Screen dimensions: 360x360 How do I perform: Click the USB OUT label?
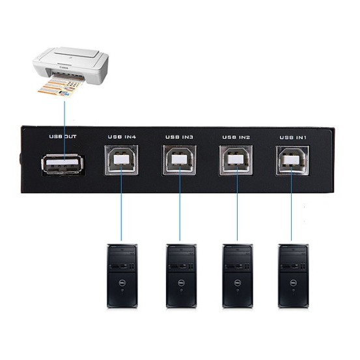click(x=62, y=136)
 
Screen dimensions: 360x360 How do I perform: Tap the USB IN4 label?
click(x=122, y=137)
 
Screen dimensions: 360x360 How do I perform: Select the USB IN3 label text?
click(x=179, y=137)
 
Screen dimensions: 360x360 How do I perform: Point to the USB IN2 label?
click(x=236, y=137)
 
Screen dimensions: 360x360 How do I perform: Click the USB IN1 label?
click(x=293, y=137)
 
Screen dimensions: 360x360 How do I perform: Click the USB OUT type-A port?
click(x=62, y=165)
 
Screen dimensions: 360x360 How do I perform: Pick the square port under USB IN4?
click(x=122, y=160)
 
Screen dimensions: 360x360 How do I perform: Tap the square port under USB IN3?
click(x=179, y=160)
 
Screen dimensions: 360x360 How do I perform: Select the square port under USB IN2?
click(x=236, y=161)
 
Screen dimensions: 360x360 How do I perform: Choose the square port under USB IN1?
click(x=292, y=161)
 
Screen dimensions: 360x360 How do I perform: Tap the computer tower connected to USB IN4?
click(x=122, y=276)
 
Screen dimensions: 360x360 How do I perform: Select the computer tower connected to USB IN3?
click(x=181, y=276)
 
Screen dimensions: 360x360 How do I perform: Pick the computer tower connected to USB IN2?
click(x=238, y=276)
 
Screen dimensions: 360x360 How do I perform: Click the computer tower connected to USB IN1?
click(x=293, y=276)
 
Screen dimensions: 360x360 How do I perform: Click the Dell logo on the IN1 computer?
click(x=293, y=283)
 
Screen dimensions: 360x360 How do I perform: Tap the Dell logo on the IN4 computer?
click(x=122, y=283)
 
